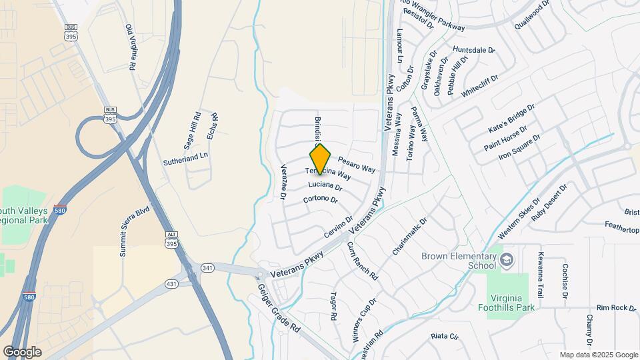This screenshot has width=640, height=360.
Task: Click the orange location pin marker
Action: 320,158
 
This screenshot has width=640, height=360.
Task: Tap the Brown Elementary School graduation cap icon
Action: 506,259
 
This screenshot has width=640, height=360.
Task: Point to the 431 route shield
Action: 171,284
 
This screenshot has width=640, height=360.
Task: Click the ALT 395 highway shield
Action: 171,240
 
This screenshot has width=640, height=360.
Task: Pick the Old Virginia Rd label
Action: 131,47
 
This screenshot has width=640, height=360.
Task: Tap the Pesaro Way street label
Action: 357,165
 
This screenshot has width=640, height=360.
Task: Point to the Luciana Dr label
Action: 325,186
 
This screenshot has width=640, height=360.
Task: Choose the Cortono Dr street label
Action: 321,199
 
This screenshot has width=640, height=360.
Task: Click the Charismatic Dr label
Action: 409,237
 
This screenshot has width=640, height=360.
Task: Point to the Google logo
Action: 22,351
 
